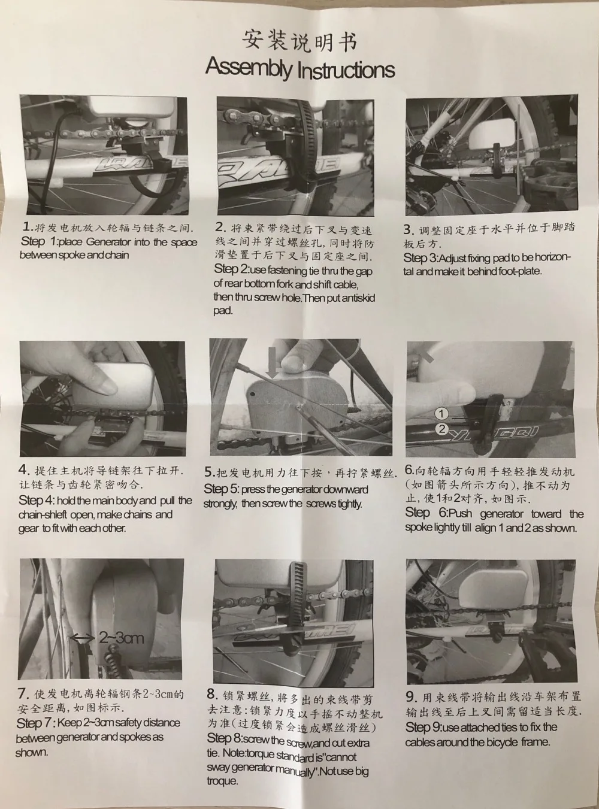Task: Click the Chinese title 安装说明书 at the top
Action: point(299,41)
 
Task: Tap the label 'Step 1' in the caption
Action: point(40,242)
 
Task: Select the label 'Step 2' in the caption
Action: point(231,269)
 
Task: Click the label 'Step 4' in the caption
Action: point(38,500)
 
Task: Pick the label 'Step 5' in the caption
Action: point(220,489)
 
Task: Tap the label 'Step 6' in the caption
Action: point(426,513)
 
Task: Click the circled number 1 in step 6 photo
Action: point(441,414)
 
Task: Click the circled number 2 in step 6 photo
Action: point(441,429)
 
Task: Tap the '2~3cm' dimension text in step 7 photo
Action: point(122,638)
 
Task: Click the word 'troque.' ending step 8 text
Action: point(222,781)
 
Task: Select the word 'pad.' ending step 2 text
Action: point(223,311)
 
